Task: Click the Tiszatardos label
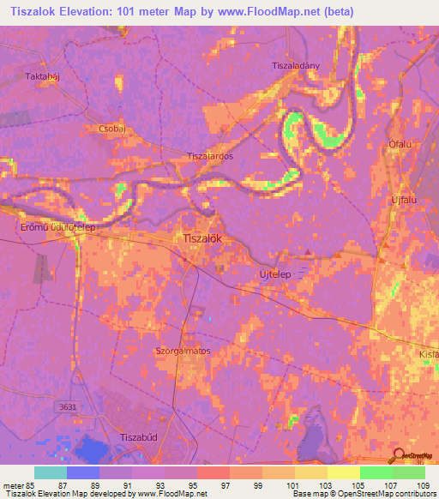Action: click(x=210, y=157)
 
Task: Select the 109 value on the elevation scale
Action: click(x=409, y=485)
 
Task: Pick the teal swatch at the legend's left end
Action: click(x=51, y=472)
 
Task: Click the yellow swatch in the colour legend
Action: click(x=343, y=472)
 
